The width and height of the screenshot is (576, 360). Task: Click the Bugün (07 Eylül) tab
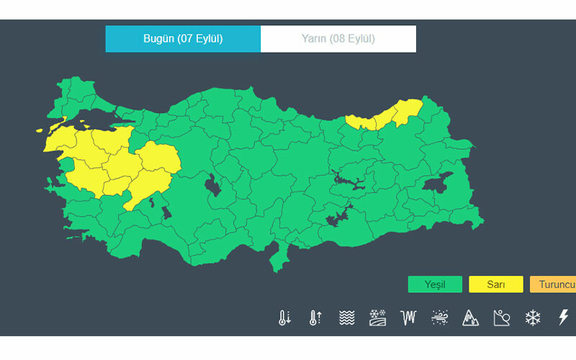(x=183, y=39)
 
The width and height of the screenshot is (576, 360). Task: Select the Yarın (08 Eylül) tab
(x=338, y=39)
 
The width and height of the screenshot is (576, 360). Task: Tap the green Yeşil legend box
(x=435, y=284)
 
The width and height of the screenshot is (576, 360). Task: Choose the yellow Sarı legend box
(x=495, y=284)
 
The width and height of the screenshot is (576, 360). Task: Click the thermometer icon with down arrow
(x=284, y=318)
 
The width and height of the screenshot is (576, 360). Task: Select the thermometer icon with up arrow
(x=315, y=318)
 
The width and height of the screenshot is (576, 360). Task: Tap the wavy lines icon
(x=347, y=318)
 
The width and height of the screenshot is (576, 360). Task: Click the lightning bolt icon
(x=564, y=318)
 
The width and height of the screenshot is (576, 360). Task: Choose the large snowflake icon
(x=533, y=318)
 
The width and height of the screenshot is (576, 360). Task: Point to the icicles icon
(x=409, y=318)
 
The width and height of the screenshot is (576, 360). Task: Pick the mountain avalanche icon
(x=471, y=318)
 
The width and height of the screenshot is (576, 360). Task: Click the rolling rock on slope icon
(x=502, y=318)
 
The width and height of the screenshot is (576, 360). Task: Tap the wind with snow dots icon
(x=440, y=318)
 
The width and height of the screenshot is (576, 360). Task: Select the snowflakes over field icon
(x=378, y=318)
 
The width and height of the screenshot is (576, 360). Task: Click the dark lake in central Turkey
(x=214, y=186)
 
